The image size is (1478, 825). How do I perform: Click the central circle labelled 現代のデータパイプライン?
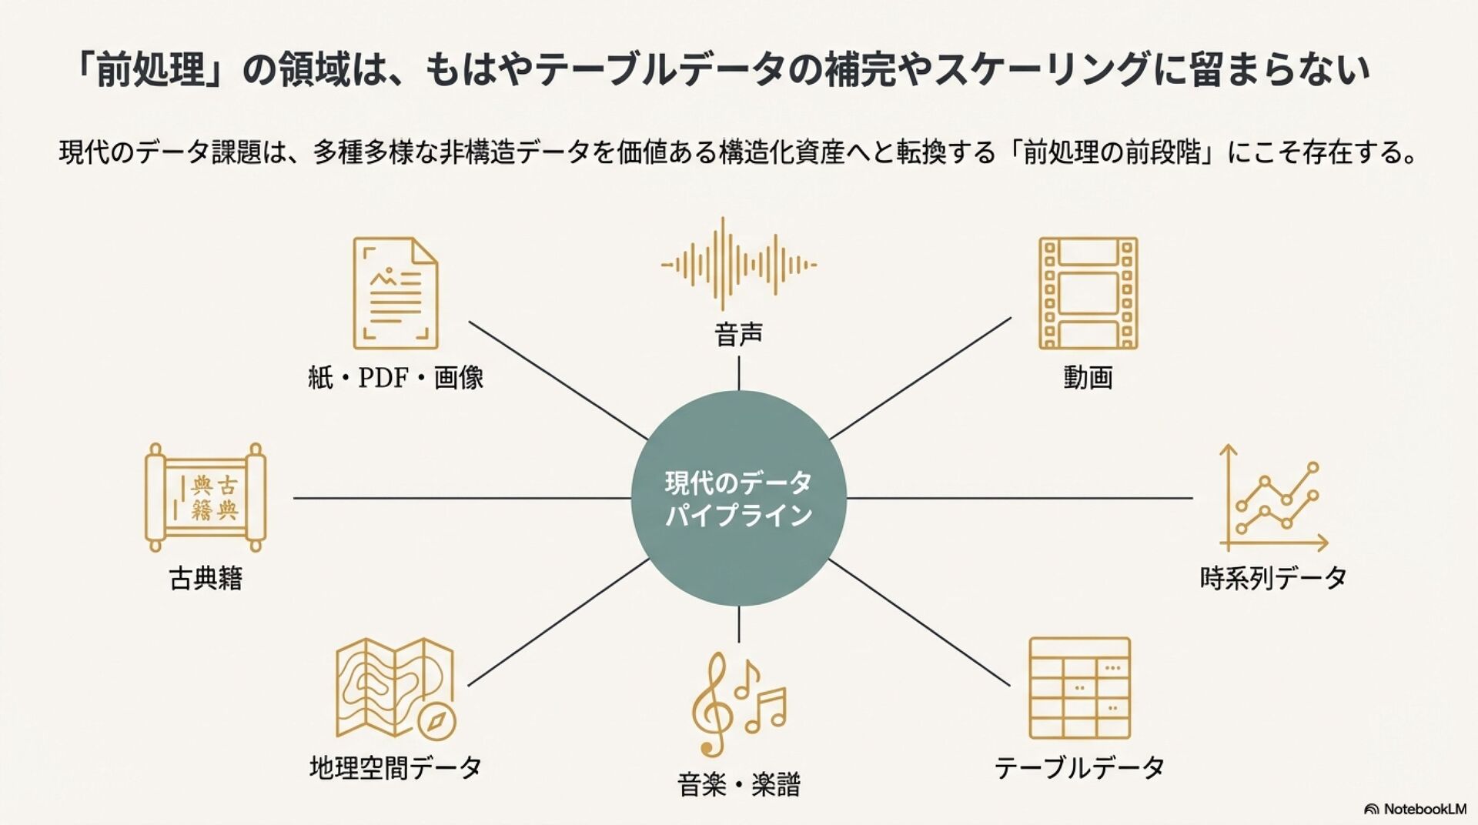[738, 498]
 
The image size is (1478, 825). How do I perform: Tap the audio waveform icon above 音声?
[738, 265]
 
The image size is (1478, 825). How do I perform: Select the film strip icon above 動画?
[1088, 293]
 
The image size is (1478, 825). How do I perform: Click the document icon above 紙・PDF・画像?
[395, 293]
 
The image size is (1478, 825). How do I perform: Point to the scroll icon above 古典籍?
[205, 497]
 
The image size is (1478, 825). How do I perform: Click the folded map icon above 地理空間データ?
[394, 687]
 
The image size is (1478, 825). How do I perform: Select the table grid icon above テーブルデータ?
[1079, 688]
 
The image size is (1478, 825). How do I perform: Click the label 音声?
[738, 335]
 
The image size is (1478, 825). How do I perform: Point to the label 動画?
[1088, 378]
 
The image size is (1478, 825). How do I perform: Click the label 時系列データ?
[1272, 578]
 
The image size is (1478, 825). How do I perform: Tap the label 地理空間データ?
[395, 767]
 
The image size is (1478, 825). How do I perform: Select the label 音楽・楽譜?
[738, 785]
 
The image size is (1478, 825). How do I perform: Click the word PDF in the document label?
[383, 378]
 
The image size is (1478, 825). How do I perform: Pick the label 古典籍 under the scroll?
[205, 579]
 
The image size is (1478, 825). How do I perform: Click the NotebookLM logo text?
[1424, 809]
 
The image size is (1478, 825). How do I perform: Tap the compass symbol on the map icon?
[437, 722]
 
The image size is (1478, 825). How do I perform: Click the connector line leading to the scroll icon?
[462, 498]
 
